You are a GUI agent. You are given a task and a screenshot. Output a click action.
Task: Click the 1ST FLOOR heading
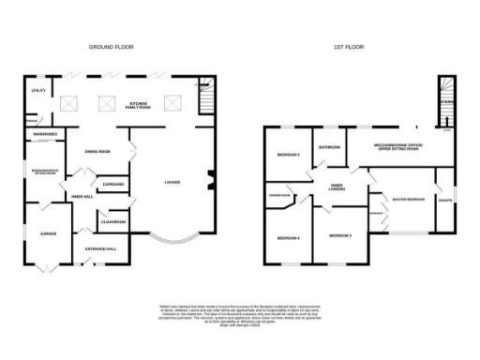[349, 46]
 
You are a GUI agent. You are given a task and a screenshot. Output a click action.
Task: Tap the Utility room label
[37, 91]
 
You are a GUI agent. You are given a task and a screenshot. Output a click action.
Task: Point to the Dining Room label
[98, 150]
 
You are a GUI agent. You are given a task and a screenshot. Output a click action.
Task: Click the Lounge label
[172, 182]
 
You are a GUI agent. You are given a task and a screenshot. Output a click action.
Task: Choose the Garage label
[47, 232]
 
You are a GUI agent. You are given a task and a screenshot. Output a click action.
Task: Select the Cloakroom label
[114, 221]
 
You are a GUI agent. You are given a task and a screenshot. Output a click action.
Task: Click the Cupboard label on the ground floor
[113, 185]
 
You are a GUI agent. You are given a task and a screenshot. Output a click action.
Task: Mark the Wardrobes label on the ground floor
[43, 134]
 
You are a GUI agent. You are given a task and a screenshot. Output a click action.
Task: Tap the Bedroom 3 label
[287, 155]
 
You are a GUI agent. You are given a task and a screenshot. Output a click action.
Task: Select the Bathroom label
[328, 147]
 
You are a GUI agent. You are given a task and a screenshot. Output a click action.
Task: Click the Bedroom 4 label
[288, 238]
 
